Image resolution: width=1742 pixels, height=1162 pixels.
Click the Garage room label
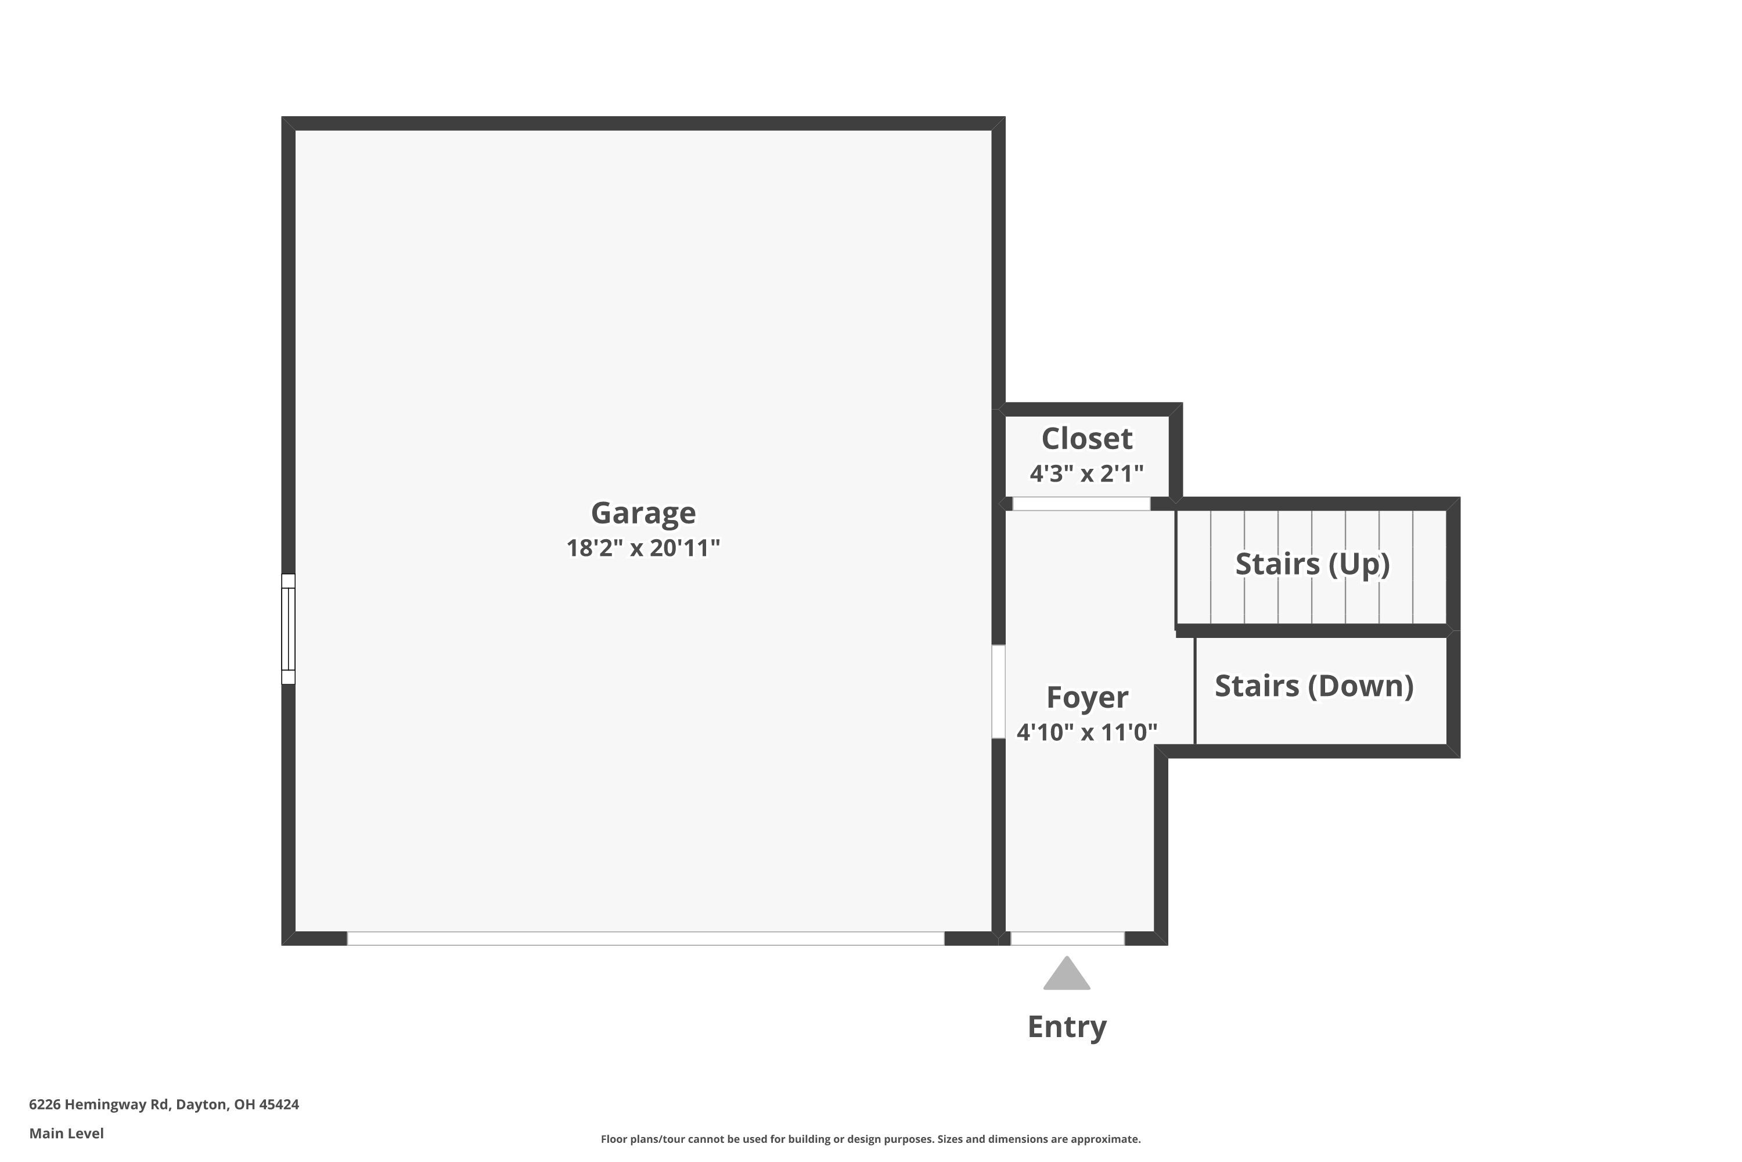click(x=643, y=513)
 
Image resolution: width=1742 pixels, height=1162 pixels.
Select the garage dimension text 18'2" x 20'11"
click(x=643, y=548)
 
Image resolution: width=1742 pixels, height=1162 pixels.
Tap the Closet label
click(x=1086, y=439)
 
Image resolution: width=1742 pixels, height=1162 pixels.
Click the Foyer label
click(x=1086, y=697)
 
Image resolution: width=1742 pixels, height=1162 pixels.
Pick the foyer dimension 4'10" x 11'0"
click(x=1086, y=732)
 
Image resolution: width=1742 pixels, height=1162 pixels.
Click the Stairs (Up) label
click(x=1312, y=564)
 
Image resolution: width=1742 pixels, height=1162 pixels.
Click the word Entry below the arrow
click(x=1067, y=1027)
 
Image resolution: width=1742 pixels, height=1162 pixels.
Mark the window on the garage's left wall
click(x=288, y=629)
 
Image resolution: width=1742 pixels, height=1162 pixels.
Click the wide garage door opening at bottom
click(x=645, y=938)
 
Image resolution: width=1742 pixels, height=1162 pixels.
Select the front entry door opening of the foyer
click(x=1067, y=938)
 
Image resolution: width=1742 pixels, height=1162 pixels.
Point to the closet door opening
click(x=1081, y=504)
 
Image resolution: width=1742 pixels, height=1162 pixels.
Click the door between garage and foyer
click(x=998, y=691)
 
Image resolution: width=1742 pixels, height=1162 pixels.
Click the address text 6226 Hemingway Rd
click(x=99, y=1104)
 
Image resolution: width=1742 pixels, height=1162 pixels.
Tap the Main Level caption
click(x=67, y=1133)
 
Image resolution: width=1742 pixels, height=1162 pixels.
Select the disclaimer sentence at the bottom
click(x=870, y=1139)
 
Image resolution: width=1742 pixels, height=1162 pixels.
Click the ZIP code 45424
click(x=279, y=1104)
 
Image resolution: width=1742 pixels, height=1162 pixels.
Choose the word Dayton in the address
click(x=201, y=1104)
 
